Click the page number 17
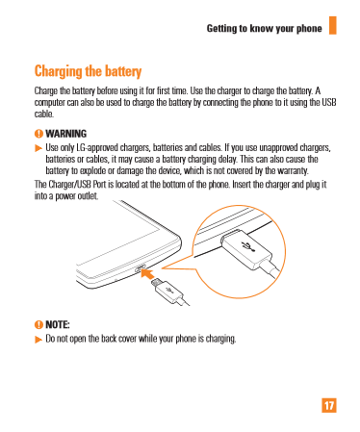(329, 405)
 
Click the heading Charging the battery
(88, 71)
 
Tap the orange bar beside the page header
(333, 25)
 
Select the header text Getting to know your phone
(264, 29)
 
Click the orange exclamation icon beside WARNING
(39, 134)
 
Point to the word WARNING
(66, 134)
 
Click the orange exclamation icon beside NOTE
(39, 325)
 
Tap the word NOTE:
(58, 325)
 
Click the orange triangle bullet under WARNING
(39, 148)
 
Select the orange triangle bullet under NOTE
(39, 340)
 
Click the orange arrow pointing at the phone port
(147, 274)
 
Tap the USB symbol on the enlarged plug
(248, 246)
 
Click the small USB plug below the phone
(168, 291)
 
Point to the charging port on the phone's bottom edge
(141, 267)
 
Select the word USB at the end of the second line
(329, 102)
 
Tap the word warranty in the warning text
(293, 171)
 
